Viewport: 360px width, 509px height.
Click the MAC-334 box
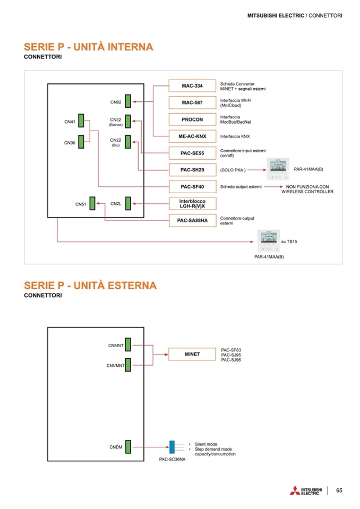click(x=192, y=86)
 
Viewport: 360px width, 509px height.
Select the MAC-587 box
click(x=192, y=102)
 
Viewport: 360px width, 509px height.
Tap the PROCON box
click(x=192, y=119)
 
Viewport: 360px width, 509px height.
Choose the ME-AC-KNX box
click(x=192, y=136)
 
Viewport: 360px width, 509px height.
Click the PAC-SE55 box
click(x=192, y=153)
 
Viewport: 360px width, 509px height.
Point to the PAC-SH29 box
click(x=192, y=170)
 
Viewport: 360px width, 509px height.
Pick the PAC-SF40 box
click(x=192, y=187)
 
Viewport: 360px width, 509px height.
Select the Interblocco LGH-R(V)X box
click(x=192, y=203)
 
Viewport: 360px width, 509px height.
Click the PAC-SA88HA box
click(x=192, y=220)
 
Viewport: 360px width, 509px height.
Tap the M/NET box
click(x=192, y=354)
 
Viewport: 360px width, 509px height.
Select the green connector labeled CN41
click(x=81, y=122)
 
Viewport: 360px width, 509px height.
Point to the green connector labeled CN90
click(x=81, y=142)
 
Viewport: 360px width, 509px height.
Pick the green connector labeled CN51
click(x=92, y=203)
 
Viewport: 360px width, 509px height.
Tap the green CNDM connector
click(x=128, y=447)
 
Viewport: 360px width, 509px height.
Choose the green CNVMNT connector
click(x=128, y=365)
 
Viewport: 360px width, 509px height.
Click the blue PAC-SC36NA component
click(x=172, y=447)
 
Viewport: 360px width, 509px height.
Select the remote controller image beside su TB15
click(x=269, y=241)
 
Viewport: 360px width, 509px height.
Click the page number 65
click(x=339, y=490)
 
